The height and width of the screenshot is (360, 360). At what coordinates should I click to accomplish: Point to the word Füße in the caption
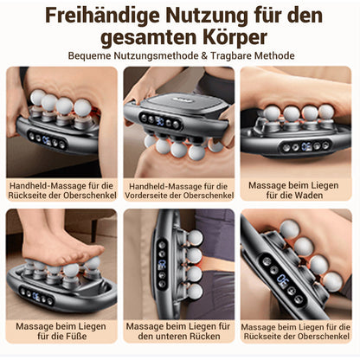[77, 337]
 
